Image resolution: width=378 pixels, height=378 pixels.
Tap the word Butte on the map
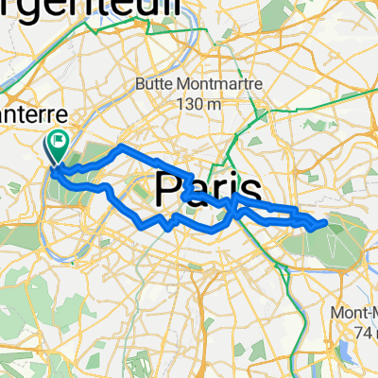[x=157, y=82]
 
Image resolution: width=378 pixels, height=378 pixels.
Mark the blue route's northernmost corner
[x=118, y=146]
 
